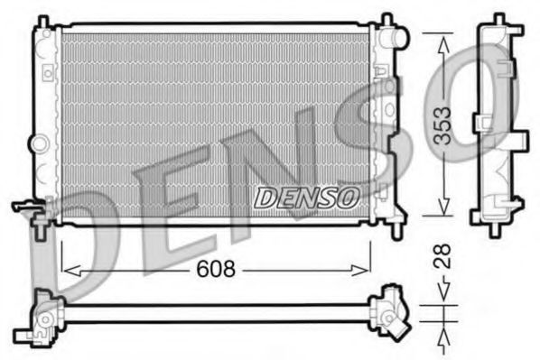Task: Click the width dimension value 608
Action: click(217, 268)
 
